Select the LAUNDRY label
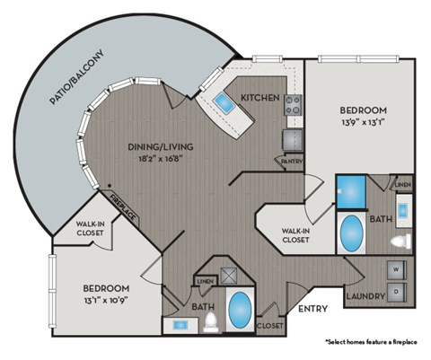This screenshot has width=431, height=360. pos(368,295)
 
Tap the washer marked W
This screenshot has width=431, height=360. pos(396,269)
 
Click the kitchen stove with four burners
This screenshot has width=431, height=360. pos(293,105)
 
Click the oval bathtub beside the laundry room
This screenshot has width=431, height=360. pos(351,235)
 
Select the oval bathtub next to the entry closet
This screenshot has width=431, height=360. pos(240,311)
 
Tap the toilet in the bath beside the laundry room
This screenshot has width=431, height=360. pos(402,240)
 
